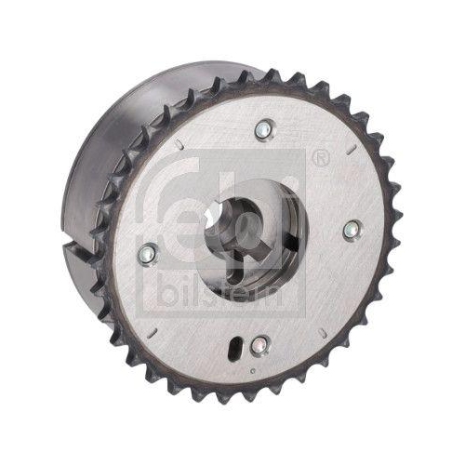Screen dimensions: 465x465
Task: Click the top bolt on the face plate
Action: tap(267, 129)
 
